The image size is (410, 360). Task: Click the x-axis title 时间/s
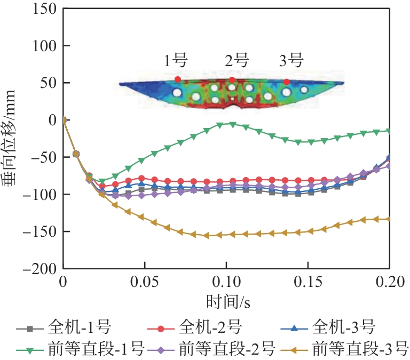tap(227, 302)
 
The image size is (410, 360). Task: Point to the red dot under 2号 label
tap(232, 80)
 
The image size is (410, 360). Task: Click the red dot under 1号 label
tap(178, 79)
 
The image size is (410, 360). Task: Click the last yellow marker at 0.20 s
tap(389, 219)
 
